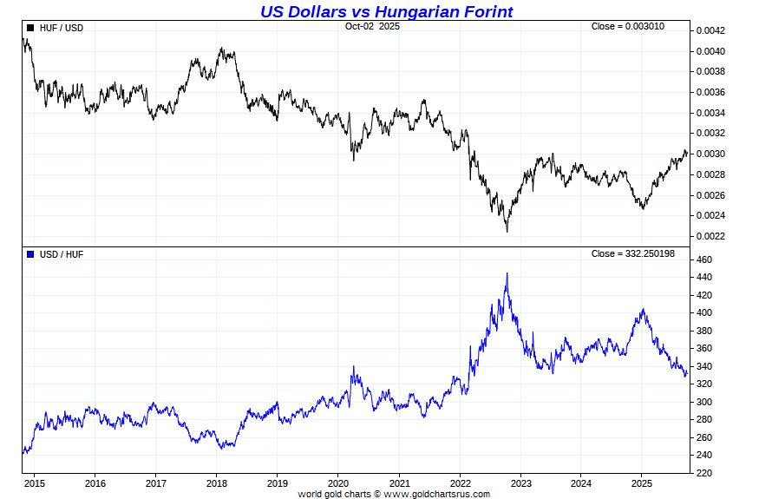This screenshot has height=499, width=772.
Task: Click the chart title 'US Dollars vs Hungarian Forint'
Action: pos(386,11)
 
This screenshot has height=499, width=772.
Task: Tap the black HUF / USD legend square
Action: pos(30,28)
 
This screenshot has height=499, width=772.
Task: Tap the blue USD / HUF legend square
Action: pos(30,254)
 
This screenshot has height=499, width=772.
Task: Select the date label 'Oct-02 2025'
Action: pos(372,27)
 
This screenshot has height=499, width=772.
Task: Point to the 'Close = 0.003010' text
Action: pos(627,27)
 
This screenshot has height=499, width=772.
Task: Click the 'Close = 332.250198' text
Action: pos(632,254)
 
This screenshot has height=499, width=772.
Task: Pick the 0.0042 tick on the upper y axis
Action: pos(709,31)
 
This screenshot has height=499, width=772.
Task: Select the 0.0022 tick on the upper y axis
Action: pos(709,236)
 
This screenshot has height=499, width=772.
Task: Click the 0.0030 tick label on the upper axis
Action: pos(709,154)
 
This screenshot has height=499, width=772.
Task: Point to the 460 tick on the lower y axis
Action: pos(703,260)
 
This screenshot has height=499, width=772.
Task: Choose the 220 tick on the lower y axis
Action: pos(703,474)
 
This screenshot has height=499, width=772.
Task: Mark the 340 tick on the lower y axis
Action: pos(703,367)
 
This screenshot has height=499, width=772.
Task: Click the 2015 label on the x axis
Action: pos(35,483)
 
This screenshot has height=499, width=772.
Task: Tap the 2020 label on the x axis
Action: pos(338,483)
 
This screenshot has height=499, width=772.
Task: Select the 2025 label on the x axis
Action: pos(642,483)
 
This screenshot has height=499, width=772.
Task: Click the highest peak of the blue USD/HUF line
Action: pos(507,273)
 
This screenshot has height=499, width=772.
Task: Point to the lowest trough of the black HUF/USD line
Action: pos(507,232)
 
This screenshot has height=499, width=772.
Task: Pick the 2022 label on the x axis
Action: pos(460,483)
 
